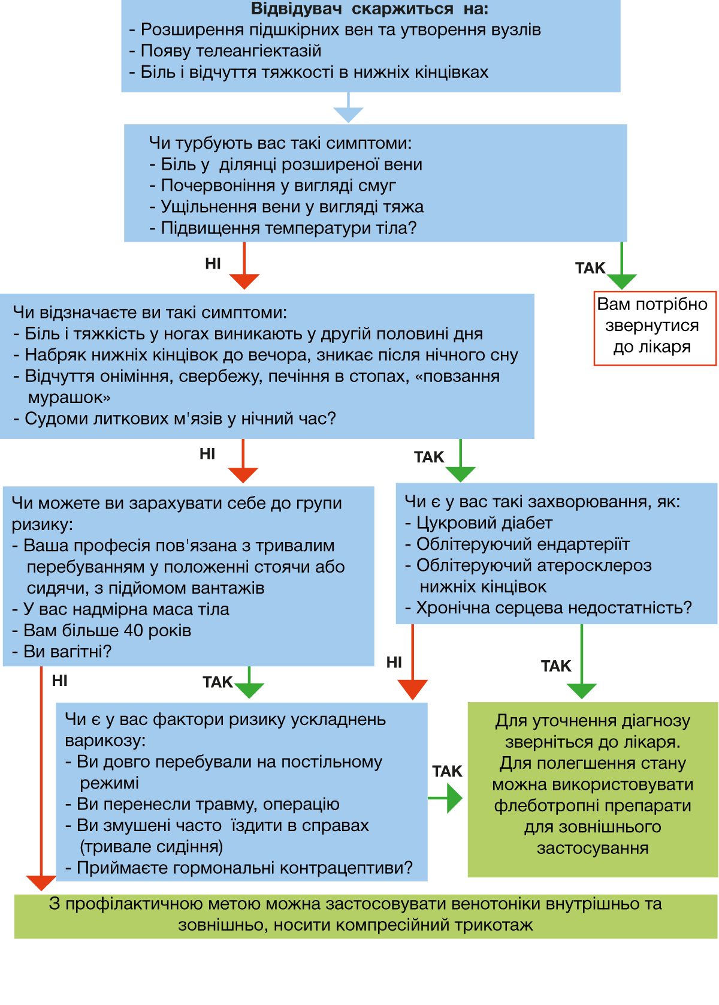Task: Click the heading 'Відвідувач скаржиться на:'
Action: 369,8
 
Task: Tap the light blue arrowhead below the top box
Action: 348,115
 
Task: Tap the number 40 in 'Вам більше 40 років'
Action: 133,630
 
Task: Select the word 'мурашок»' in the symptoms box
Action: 69,398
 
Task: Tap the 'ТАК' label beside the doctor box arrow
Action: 590,268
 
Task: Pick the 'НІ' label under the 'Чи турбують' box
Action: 213,264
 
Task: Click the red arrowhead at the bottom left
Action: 41,883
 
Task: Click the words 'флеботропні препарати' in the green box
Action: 593,806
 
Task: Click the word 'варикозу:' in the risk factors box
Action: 105,741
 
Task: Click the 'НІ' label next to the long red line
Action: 60,681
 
